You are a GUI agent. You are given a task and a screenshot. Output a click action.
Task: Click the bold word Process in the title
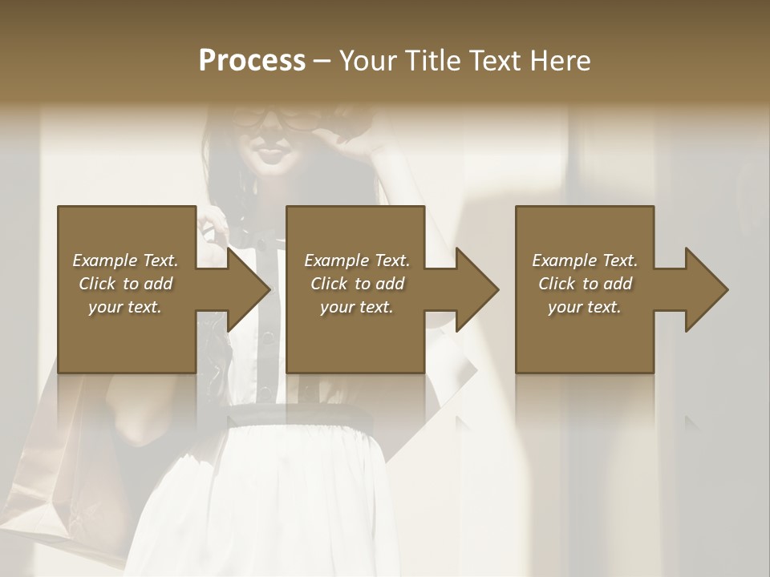pyautogui.click(x=252, y=60)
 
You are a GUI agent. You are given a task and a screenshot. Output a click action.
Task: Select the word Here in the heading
pyautogui.click(x=560, y=60)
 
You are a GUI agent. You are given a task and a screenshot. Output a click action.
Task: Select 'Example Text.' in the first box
pyautogui.click(x=125, y=260)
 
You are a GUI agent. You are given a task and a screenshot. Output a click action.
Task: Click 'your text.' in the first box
pyautogui.click(x=125, y=307)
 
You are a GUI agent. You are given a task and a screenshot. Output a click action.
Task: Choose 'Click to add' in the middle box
pyautogui.click(x=357, y=284)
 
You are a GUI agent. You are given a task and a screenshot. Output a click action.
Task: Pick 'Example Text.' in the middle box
pyautogui.click(x=357, y=260)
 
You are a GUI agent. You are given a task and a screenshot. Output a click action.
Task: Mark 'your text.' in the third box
pyautogui.click(x=585, y=307)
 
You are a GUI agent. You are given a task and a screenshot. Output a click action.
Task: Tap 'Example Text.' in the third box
pyautogui.click(x=585, y=260)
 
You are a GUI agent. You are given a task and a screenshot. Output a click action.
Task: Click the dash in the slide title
pyautogui.click(x=322, y=61)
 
